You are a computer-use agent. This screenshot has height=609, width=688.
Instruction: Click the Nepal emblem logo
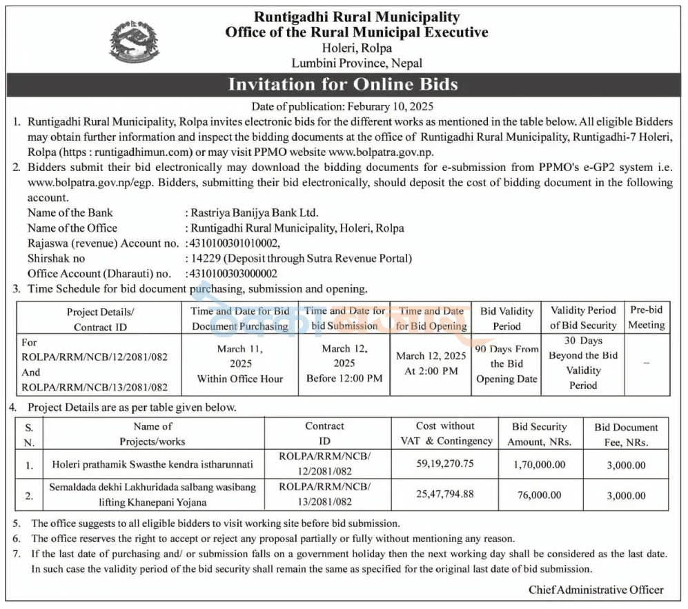(134, 41)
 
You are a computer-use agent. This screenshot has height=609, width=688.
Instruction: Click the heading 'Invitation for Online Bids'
(343, 85)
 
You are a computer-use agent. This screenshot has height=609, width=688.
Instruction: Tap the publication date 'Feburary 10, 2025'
(395, 107)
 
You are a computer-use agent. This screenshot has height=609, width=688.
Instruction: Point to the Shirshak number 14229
(205, 258)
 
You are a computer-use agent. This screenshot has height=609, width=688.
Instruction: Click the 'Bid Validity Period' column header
(507, 318)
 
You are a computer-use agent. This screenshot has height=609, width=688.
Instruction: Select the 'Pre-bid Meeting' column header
(647, 318)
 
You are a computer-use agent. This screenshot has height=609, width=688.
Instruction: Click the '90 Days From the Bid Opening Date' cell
(507, 363)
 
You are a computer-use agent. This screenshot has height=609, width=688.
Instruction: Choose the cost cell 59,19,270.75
(445, 463)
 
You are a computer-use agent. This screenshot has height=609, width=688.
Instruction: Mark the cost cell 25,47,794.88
(445, 495)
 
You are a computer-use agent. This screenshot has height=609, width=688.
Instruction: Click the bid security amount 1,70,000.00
(539, 465)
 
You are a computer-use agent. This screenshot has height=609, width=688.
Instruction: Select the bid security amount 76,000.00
(539, 495)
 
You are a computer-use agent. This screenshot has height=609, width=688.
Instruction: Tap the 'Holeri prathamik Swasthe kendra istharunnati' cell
(153, 465)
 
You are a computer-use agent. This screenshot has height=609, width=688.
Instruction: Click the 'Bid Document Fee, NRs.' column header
(626, 435)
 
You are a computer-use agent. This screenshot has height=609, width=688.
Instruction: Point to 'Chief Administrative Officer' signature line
(596, 590)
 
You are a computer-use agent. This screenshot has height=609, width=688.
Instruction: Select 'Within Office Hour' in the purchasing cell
(240, 379)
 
